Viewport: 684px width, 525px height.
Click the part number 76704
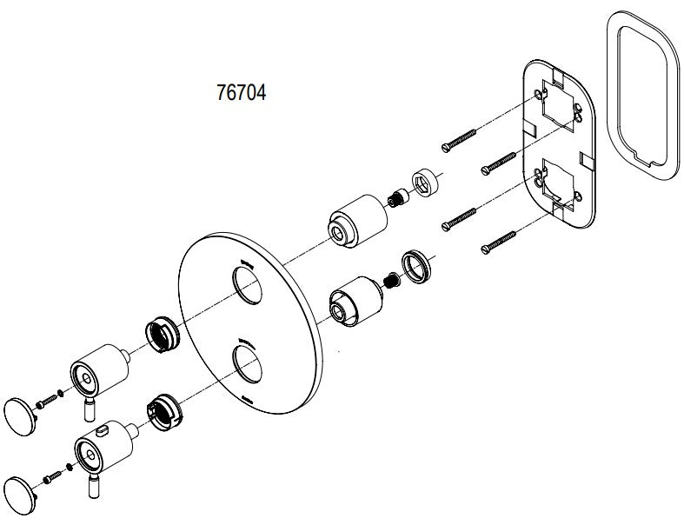(242, 92)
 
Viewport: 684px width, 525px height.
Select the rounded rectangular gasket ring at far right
(643, 96)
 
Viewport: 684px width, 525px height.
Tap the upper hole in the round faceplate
(248, 285)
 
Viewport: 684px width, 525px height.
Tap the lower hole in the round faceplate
(248, 364)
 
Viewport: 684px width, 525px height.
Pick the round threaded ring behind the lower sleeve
(416, 267)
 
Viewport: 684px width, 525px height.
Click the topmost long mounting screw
(459, 141)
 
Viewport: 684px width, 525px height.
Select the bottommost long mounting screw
(499, 243)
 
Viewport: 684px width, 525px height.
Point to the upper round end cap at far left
(20, 416)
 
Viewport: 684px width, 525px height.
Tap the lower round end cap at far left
(20, 496)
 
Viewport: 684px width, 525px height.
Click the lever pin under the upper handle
(90, 409)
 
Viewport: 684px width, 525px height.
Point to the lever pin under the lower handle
(93, 486)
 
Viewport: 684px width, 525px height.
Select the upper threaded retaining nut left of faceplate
(162, 335)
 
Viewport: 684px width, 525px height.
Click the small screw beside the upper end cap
(47, 402)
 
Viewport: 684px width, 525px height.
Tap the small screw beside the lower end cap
(52, 477)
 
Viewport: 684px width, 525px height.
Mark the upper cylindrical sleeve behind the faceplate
(357, 221)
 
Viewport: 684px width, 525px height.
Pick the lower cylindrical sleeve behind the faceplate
(356, 301)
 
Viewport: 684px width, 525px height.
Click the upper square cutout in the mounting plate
(558, 103)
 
